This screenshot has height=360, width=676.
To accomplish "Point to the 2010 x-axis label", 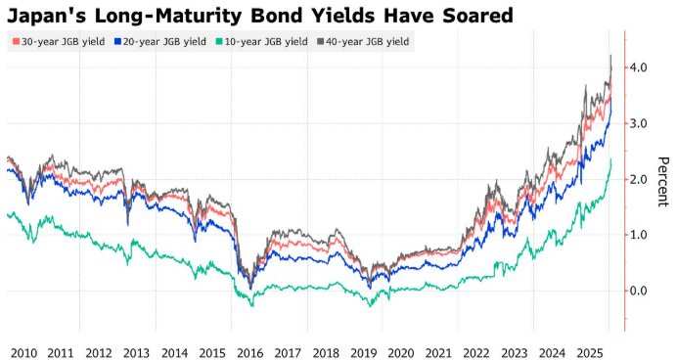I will tap(23, 350).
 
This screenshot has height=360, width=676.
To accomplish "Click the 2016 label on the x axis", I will tap(249, 350).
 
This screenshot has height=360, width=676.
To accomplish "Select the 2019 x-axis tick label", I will tap(364, 350).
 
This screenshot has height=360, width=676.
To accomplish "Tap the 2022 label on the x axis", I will tap(476, 350).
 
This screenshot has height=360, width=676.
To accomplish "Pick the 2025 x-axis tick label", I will tap(590, 350).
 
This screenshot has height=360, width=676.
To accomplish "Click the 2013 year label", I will tap(136, 350).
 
